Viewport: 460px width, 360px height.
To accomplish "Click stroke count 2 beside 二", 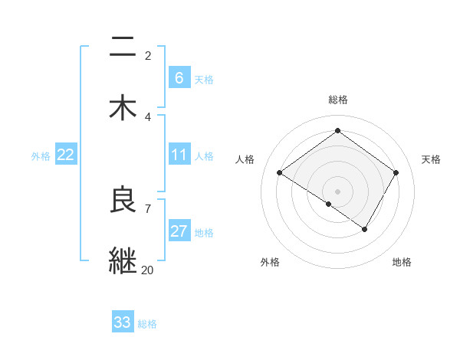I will pos(148,56).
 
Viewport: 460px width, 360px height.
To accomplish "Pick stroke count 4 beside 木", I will pos(148,116).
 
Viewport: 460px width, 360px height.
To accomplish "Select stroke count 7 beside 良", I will pos(148,208).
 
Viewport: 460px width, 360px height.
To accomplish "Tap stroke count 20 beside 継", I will pos(148,269).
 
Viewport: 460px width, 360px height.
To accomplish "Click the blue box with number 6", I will pos(179,77).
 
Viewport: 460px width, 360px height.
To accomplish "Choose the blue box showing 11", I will pos(179,155).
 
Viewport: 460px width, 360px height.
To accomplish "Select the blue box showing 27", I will pos(179,231).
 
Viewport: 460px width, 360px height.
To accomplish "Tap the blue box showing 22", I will pos(66,155).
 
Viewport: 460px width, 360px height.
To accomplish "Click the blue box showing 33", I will pos(123,322).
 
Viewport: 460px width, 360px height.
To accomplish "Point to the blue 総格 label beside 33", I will pos(147,324).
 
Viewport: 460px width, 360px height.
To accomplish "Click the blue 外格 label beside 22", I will pos(41,156).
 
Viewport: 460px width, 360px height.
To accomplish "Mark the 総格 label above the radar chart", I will pos(337,100).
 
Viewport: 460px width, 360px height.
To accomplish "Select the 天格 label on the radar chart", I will pos(432,159).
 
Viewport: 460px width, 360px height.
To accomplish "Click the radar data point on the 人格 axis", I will pos(280,173).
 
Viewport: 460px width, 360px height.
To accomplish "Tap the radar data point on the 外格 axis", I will pos(329,204).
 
